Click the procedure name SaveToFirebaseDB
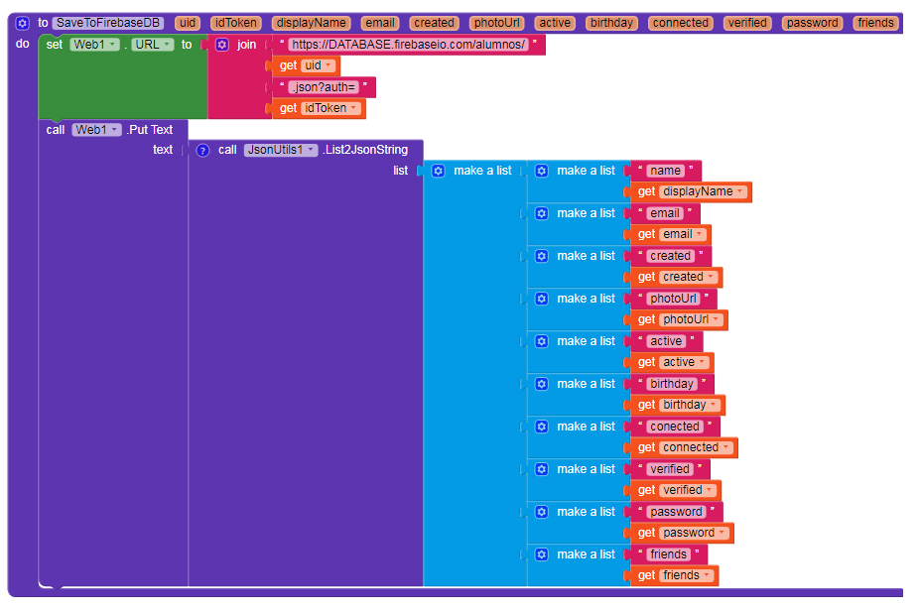point(108,23)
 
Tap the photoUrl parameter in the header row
point(497,23)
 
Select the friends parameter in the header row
point(875,23)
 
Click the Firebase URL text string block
point(409,45)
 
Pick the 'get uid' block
point(306,65)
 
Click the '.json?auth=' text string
point(324,87)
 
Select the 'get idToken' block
point(319,108)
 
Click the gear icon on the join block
point(222,45)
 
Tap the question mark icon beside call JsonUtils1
point(202,150)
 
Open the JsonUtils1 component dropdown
point(281,150)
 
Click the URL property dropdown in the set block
point(152,45)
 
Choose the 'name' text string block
point(666,171)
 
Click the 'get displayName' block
point(691,191)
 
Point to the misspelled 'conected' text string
point(675,427)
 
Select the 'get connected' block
point(684,447)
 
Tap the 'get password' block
point(682,533)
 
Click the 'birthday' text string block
point(672,384)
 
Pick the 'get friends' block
point(674,575)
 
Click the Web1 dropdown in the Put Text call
point(96,130)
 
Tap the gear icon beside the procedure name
point(22,23)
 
